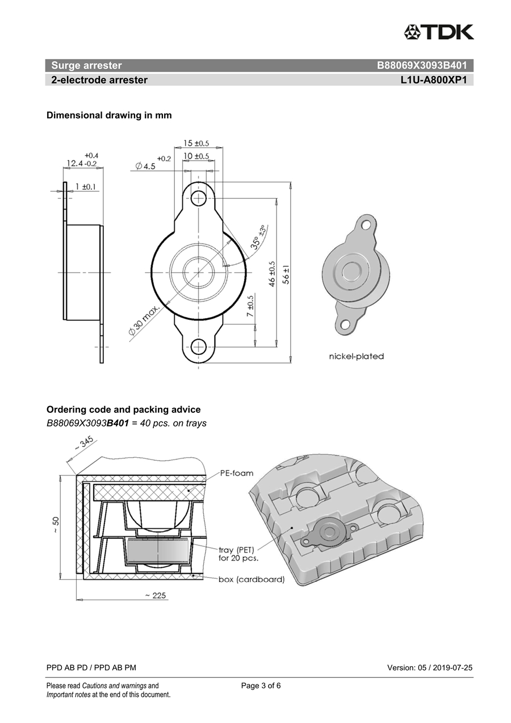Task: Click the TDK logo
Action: pyautogui.click(x=439, y=32)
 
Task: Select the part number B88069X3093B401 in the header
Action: pyautogui.click(x=422, y=66)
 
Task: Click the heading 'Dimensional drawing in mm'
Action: pyautogui.click(x=109, y=115)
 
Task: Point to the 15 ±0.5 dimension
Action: pyautogui.click(x=196, y=144)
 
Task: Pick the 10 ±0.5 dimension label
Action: pyautogui.click(x=196, y=156)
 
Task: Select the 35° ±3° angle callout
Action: pyautogui.click(x=258, y=237)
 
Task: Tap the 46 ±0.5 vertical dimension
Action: pyautogui.click(x=272, y=274)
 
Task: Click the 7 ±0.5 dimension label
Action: pyautogui.click(x=250, y=306)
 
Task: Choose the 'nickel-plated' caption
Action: pyautogui.click(x=357, y=356)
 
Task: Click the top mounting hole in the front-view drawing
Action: pyautogui.click(x=198, y=198)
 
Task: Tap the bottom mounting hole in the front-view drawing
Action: pyautogui.click(x=198, y=346)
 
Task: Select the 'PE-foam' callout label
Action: pyautogui.click(x=236, y=473)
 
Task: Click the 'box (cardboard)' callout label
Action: pyautogui.click(x=252, y=579)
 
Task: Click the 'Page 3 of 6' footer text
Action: pyautogui.click(x=261, y=686)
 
